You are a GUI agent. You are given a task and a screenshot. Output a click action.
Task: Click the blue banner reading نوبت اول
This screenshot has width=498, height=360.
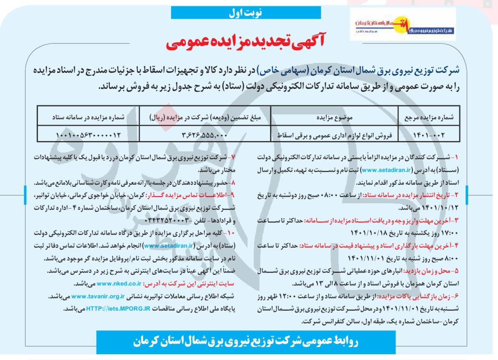(x=246, y=13)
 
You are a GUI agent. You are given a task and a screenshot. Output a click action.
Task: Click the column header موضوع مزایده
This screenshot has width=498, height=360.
(x=334, y=117)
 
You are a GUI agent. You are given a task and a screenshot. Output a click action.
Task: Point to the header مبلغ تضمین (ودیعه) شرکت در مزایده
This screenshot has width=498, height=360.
(x=205, y=117)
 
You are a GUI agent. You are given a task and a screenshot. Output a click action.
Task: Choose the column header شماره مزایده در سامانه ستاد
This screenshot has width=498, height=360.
(x=88, y=117)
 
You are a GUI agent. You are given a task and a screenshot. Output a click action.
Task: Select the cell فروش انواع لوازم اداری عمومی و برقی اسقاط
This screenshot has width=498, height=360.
(x=334, y=134)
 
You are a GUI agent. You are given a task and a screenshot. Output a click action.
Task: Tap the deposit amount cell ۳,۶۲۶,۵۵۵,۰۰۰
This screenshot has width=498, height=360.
(x=205, y=134)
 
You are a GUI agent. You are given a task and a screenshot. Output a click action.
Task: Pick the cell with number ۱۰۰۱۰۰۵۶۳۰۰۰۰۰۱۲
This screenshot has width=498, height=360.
(x=88, y=134)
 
